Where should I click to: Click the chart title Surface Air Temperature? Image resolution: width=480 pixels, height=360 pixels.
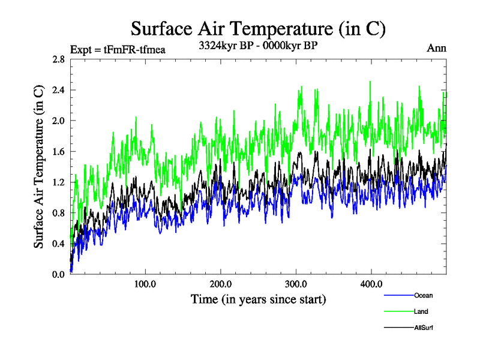pos(258,28)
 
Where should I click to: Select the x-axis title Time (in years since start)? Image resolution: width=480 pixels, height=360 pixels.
pos(258,299)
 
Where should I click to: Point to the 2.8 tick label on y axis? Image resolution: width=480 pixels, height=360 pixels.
pos(58,59)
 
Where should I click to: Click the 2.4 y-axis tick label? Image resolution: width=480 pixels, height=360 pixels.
pos(58,90)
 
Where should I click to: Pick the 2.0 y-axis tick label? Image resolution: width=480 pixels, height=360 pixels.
pos(58,121)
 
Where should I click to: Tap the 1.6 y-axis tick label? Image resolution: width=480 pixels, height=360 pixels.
pos(58,152)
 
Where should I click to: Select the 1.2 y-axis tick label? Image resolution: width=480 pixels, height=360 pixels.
pos(58,182)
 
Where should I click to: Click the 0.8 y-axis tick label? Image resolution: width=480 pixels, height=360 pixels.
pos(58,213)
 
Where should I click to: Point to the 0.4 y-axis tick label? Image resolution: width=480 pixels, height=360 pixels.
pos(58,244)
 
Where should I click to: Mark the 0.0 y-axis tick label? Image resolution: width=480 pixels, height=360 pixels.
pos(58,274)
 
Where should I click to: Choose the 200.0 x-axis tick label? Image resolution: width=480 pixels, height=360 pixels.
pos(221,284)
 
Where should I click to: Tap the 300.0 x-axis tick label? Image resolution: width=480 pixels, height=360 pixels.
pos(296,284)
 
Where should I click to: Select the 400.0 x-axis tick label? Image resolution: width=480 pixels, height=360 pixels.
pos(371,284)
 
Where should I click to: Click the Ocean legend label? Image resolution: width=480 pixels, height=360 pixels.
pos(423,295)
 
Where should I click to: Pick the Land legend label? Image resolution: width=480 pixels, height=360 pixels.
pos(421,311)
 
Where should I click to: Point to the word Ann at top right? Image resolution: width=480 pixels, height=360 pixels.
pos(436,48)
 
